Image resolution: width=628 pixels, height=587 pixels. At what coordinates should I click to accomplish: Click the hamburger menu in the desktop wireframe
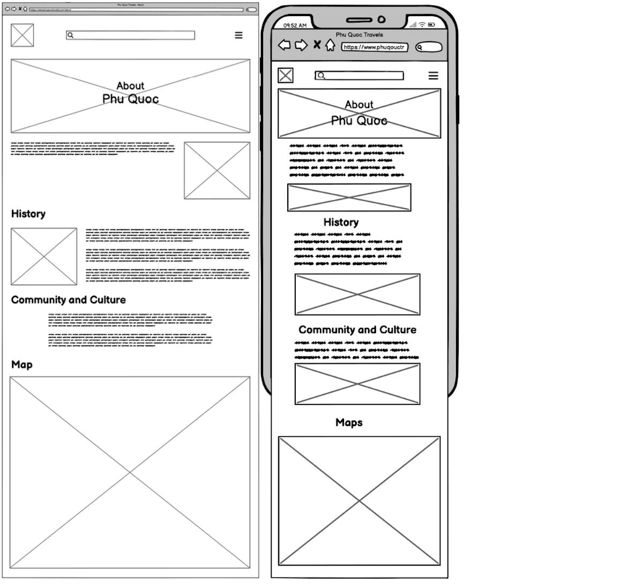tap(238, 35)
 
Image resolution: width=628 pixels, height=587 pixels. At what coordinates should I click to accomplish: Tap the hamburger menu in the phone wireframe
tap(433, 76)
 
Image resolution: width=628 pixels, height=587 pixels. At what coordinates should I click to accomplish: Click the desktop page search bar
tap(130, 35)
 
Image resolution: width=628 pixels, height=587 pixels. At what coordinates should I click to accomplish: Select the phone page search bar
tap(359, 76)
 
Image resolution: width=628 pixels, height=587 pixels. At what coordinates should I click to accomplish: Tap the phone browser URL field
tap(375, 47)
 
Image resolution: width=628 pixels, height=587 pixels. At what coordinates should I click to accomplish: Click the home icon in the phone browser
tap(331, 46)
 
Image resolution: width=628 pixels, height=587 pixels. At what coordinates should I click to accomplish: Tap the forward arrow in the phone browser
tap(301, 46)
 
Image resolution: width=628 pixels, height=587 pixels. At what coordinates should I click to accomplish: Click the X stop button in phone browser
tap(317, 45)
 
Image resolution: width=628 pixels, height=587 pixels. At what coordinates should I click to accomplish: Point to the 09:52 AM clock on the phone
tap(295, 25)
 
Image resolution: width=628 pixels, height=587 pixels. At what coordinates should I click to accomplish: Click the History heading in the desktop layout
tap(28, 214)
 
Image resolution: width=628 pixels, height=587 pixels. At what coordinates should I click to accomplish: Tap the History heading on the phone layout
tap(341, 222)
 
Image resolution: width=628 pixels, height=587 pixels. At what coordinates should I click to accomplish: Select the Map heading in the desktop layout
tap(22, 365)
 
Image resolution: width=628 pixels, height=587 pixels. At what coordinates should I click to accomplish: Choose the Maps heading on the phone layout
tap(349, 422)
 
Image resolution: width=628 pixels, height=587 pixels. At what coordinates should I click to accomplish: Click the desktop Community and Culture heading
tap(69, 300)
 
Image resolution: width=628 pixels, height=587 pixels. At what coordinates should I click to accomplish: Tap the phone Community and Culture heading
tap(357, 329)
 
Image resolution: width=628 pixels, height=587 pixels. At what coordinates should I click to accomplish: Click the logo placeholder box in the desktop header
tap(23, 35)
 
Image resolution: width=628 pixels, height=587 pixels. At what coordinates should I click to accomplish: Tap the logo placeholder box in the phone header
tap(286, 76)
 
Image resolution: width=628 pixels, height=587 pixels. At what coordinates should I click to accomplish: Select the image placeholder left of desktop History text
tap(44, 256)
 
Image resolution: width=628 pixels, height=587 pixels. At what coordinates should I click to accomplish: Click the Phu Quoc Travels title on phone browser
tap(360, 35)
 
